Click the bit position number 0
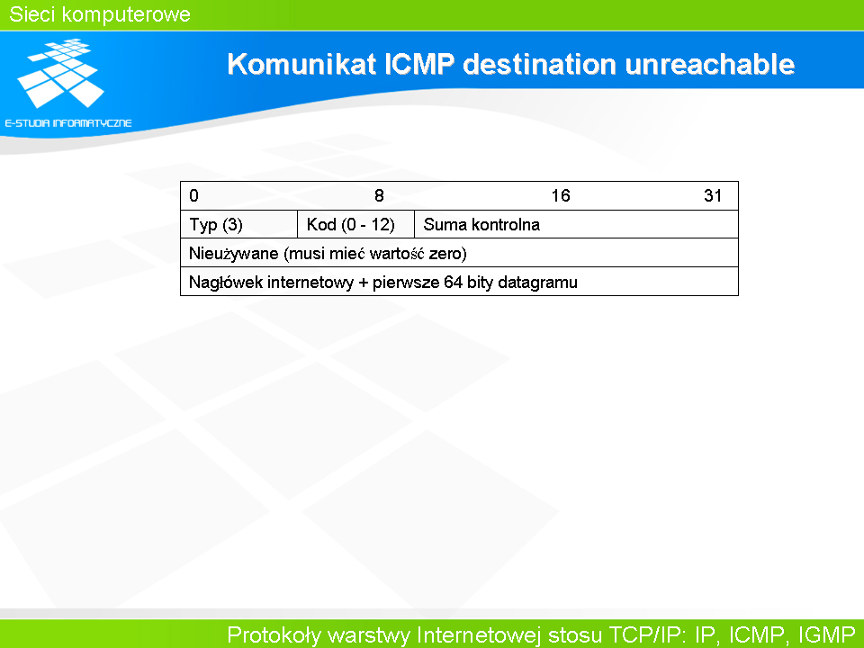[194, 195]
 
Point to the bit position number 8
[379, 195]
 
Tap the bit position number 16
[561, 195]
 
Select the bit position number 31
[713, 195]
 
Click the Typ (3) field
[216, 225]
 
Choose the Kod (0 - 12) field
[350, 225]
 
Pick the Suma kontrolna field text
[481, 225]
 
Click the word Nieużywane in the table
[234, 254]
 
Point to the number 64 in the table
[453, 282]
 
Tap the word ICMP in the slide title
[418, 65]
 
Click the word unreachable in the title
[710, 65]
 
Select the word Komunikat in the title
[302, 65]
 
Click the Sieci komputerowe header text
[100, 14]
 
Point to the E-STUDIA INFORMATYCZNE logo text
[68, 123]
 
